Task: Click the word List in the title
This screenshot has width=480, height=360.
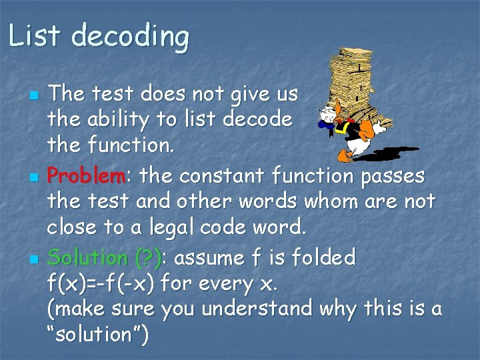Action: click(x=35, y=36)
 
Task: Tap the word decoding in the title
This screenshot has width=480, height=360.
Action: click(x=130, y=37)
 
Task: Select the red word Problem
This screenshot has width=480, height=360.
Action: click(x=86, y=177)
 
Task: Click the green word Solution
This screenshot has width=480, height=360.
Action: click(x=88, y=257)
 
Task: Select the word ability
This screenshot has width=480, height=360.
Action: click(x=117, y=121)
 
